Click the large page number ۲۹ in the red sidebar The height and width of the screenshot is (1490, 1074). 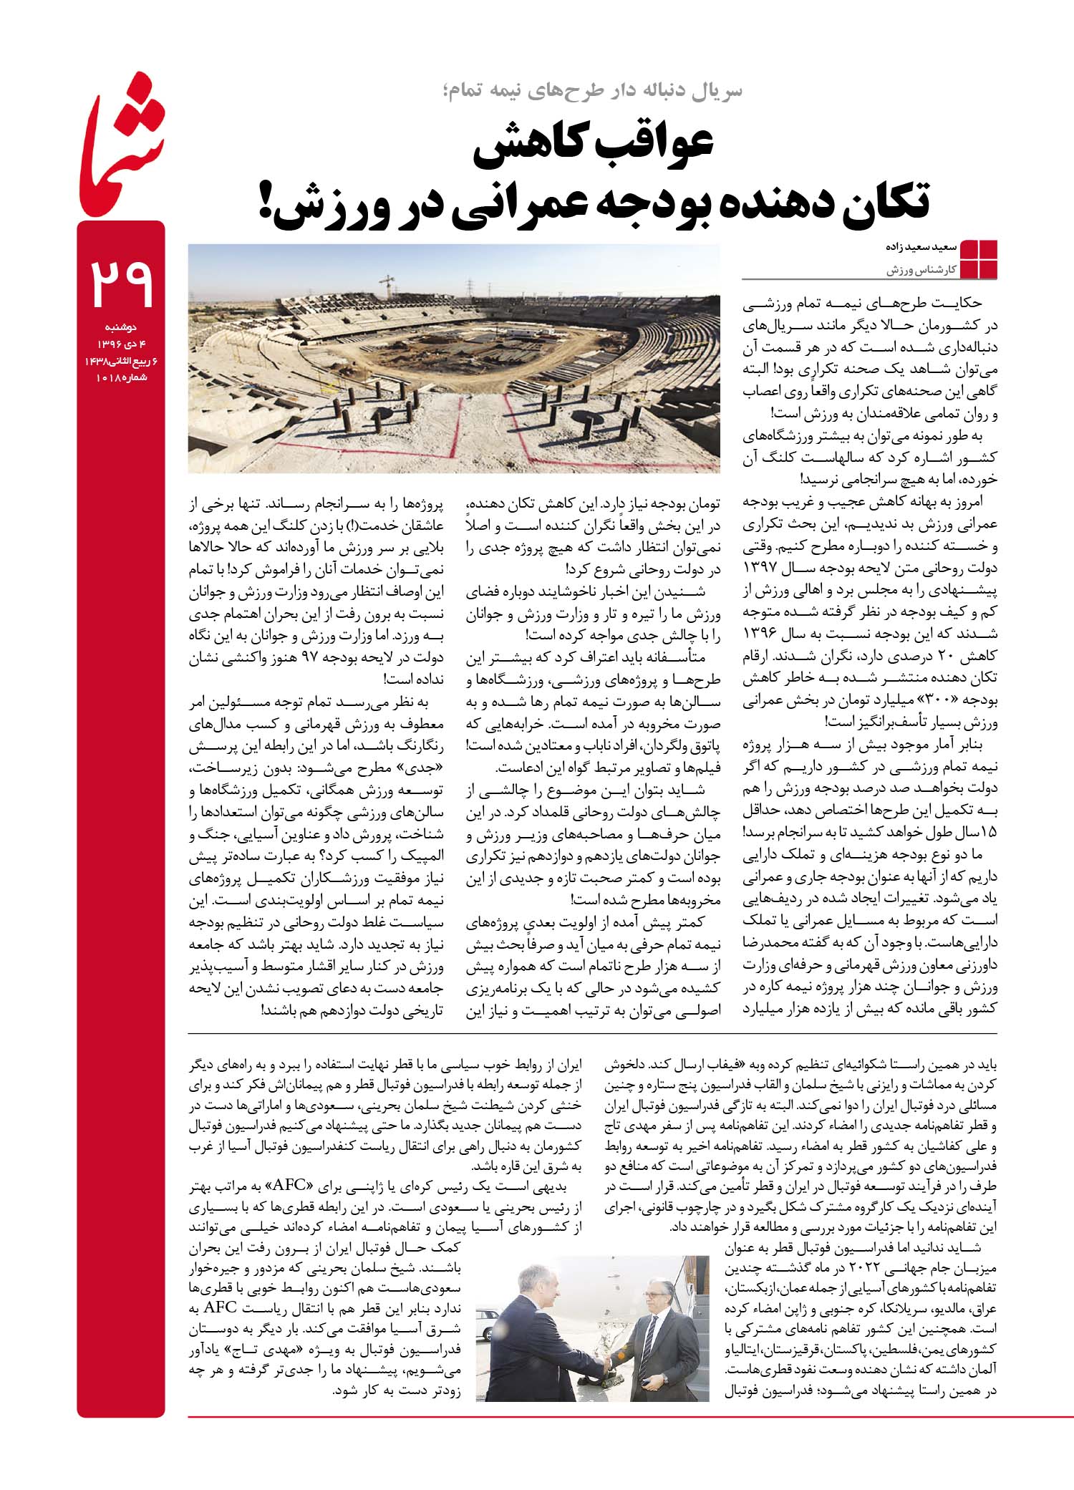point(121,284)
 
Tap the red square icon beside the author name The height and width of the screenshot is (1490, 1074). point(978,258)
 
